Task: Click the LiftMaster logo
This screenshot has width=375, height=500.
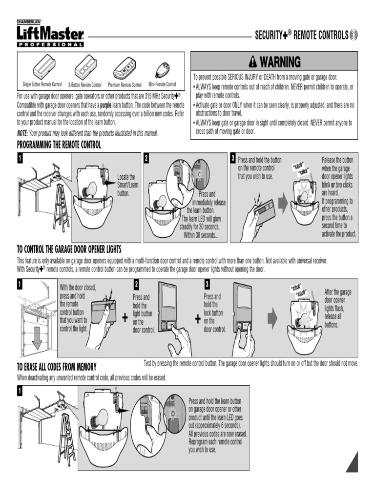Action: coord(50,34)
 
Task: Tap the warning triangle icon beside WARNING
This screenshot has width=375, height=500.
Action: coord(253,62)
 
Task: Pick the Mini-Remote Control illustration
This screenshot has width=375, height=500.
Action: coord(163,70)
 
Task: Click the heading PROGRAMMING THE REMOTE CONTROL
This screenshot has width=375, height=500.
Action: coord(59,145)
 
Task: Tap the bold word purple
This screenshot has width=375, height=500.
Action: coord(105,105)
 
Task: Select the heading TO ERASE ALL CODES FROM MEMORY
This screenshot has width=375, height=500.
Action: coord(57,367)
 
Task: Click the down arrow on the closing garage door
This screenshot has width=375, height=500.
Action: coord(37,338)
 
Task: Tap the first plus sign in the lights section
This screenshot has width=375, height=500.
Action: coord(125,317)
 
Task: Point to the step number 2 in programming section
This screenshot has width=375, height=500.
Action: coord(146,158)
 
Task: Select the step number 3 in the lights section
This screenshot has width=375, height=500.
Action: coord(207,284)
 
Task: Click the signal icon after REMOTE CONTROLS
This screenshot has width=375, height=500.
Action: coord(354,35)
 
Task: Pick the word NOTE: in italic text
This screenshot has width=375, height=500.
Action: coord(22,133)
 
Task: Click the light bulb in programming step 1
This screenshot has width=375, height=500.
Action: coord(90,189)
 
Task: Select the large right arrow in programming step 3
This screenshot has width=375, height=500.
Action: coord(283,204)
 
